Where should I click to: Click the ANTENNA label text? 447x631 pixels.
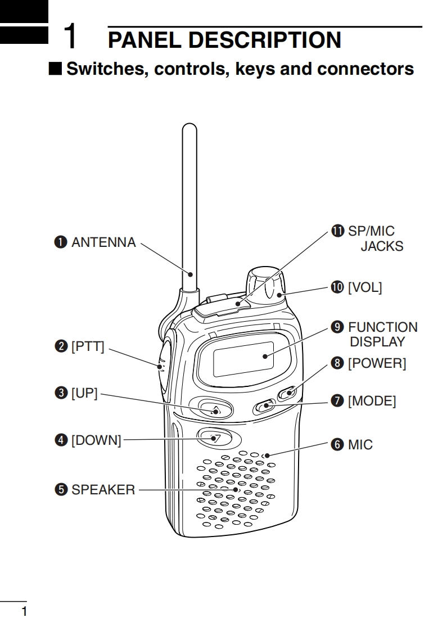(103, 242)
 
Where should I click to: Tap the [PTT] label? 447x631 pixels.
(88, 346)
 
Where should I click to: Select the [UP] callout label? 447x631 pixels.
(84, 393)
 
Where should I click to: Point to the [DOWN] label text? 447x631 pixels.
(96, 440)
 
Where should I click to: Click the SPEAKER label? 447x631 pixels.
(103, 490)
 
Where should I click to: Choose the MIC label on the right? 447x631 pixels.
(360, 445)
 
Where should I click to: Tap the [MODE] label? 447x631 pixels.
(372, 401)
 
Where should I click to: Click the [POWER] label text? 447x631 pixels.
(377, 363)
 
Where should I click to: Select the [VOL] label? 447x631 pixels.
(365, 287)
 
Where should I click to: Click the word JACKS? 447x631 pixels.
(382, 246)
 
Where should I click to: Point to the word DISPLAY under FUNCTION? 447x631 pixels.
(377, 342)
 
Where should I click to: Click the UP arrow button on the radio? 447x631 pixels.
(211, 408)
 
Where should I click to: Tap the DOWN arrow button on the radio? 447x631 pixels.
(214, 438)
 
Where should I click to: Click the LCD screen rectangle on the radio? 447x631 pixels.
(243, 359)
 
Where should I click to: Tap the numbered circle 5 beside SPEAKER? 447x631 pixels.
(61, 490)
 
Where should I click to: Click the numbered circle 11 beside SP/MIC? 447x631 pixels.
(337, 231)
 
